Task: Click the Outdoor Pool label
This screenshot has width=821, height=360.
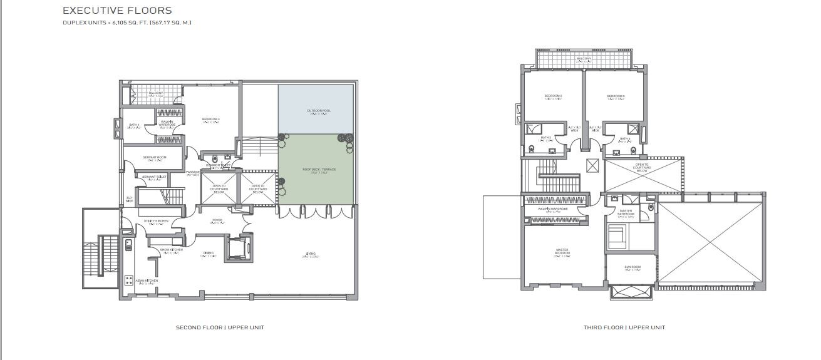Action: (x=319, y=111)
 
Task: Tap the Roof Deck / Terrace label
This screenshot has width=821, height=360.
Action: (x=319, y=170)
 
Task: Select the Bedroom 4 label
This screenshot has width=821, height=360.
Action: (x=211, y=119)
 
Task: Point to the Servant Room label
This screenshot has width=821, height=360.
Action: (x=153, y=157)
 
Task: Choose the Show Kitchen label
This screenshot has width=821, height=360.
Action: (x=170, y=250)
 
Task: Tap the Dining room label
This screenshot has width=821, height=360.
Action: (x=207, y=254)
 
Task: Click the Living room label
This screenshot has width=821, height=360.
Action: (x=311, y=254)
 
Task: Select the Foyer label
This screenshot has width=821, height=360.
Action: (x=217, y=220)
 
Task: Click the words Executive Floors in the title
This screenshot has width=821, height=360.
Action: (x=117, y=11)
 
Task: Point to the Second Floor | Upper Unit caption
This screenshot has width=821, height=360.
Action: (x=220, y=327)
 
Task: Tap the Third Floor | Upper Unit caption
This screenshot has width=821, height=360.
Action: (x=624, y=327)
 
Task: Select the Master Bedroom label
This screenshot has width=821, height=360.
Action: (x=562, y=252)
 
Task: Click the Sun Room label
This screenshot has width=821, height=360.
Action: (x=632, y=268)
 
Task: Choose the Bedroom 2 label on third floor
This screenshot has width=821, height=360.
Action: (x=616, y=96)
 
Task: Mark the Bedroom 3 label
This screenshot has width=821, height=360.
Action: (x=553, y=96)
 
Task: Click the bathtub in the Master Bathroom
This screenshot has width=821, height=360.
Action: (x=616, y=237)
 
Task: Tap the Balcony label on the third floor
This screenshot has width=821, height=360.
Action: (x=584, y=59)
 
